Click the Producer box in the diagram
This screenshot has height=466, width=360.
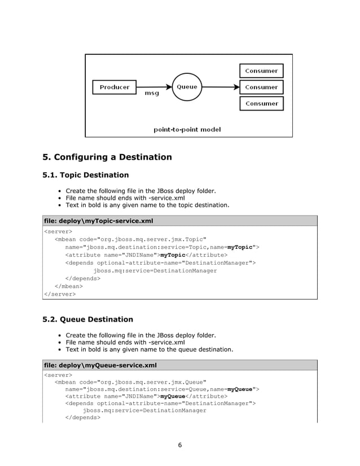pyautogui.click(x=115, y=87)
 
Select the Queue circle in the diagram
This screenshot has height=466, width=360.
pyautogui.click(x=187, y=87)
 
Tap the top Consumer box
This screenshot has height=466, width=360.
pyautogui.click(x=261, y=71)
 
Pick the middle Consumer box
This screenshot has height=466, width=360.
pyautogui.click(x=261, y=87)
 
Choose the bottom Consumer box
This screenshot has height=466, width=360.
pyautogui.click(x=261, y=104)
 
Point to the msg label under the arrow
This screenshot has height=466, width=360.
pyautogui.click(x=152, y=94)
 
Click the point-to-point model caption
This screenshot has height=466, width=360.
pyautogui.click(x=187, y=130)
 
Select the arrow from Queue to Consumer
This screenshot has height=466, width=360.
pyautogui.click(x=220, y=87)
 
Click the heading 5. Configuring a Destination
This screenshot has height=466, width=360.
pyautogui.click(x=107, y=157)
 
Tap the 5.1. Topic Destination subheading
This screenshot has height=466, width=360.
pyautogui.click(x=86, y=175)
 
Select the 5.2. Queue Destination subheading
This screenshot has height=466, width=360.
pyautogui.click(x=88, y=319)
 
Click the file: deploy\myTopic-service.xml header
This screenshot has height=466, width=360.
pyautogui.click(x=99, y=221)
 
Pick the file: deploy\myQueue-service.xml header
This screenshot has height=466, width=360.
pyautogui.click(x=100, y=365)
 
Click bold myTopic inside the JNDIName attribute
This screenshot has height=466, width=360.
pyautogui.click(x=173, y=254)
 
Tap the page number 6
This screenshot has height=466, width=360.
pyautogui.click(x=180, y=445)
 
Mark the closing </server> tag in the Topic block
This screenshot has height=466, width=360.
pyautogui.click(x=60, y=294)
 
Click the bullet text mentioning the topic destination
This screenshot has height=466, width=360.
pyautogui.click(x=148, y=205)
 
